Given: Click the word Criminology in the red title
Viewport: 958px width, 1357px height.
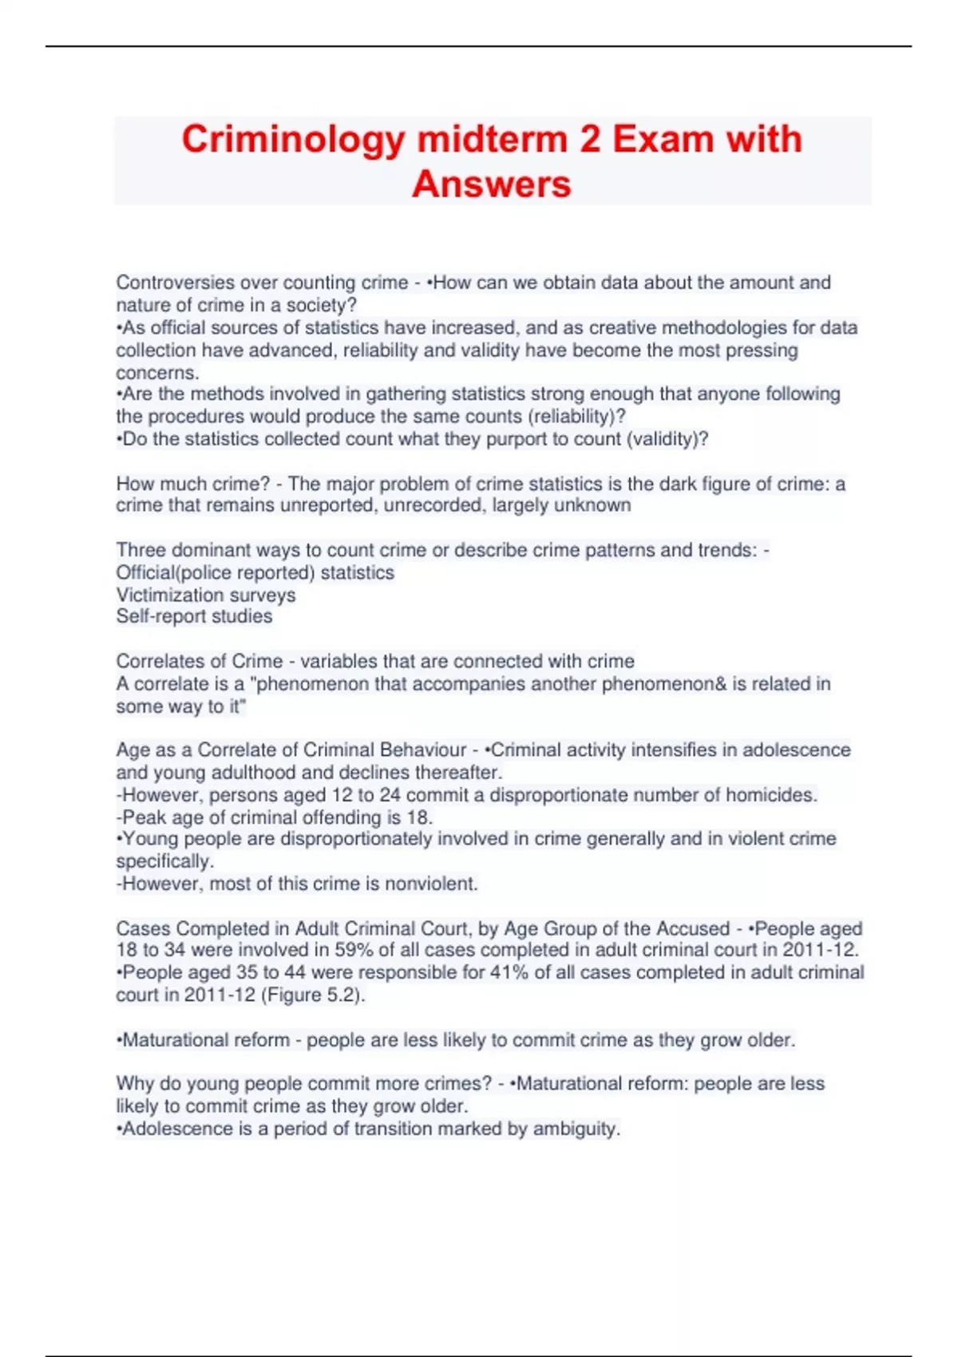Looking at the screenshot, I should [x=294, y=140].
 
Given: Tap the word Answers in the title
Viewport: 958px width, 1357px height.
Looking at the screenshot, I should [x=491, y=184].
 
